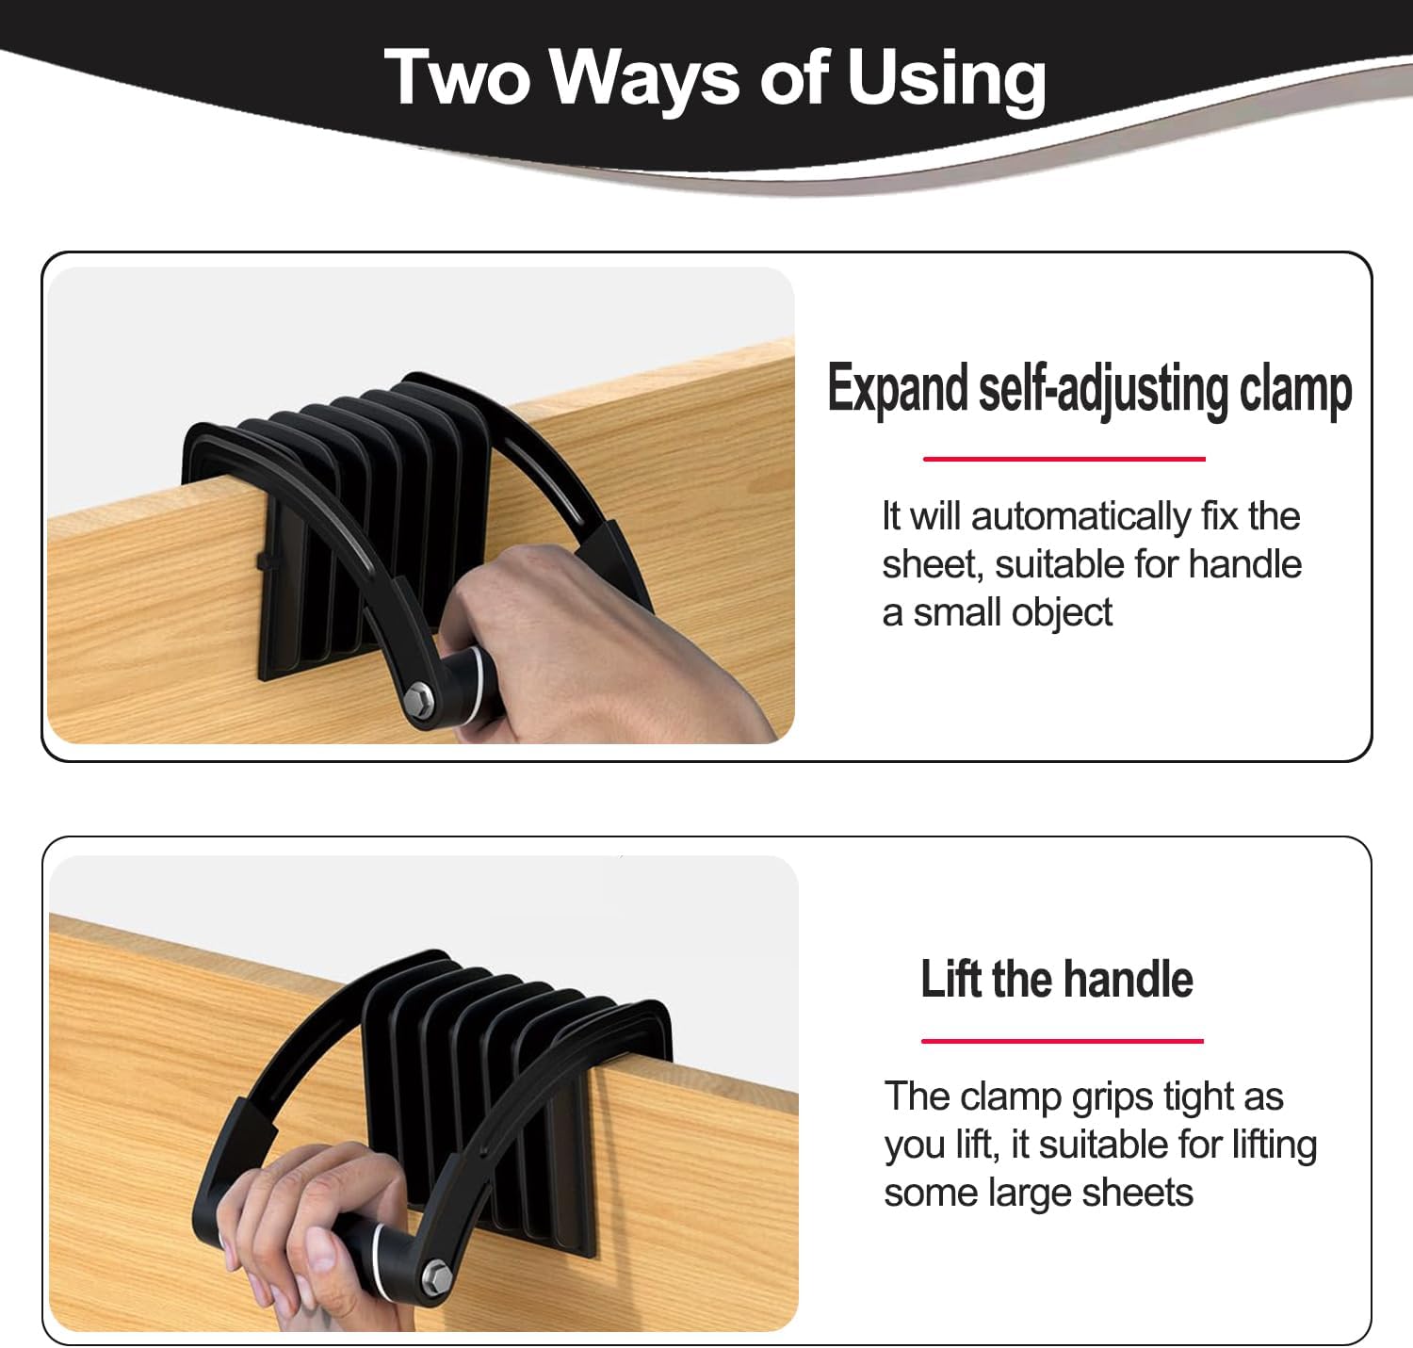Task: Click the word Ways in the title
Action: click(644, 78)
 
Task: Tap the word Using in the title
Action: click(946, 78)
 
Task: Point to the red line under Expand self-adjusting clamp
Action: click(1064, 459)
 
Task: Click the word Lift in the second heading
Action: click(950, 979)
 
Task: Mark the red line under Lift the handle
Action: click(1063, 1040)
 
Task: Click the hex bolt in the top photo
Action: click(419, 697)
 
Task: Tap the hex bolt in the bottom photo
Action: click(435, 1276)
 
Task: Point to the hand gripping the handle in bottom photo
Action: click(309, 1222)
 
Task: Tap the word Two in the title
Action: click(459, 78)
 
